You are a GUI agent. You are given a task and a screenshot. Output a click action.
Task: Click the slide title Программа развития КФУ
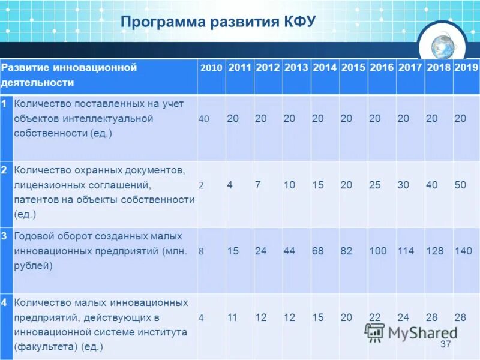218,22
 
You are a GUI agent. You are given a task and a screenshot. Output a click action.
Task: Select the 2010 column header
211,68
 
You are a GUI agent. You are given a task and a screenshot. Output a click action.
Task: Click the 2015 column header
353,68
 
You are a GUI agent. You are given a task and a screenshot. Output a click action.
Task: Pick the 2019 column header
466,68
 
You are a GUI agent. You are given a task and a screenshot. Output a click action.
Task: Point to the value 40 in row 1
204,119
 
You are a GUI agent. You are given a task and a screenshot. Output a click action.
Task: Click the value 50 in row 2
460,185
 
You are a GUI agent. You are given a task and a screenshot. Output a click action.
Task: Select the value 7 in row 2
257,185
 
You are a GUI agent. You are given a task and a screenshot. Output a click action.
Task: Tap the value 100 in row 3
378,251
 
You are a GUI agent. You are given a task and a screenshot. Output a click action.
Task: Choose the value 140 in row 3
463,251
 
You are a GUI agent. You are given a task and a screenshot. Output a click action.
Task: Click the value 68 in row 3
318,251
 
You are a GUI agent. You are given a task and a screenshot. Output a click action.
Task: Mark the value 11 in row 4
233,317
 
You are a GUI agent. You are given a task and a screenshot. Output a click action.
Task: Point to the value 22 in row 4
375,317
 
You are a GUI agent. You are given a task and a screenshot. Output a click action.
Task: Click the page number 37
445,344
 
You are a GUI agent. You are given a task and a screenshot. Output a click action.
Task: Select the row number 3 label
4,236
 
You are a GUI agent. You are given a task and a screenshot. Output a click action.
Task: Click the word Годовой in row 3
34,236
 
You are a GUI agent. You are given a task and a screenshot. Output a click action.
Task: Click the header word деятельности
37,83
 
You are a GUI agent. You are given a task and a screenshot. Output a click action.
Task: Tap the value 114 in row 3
406,251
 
